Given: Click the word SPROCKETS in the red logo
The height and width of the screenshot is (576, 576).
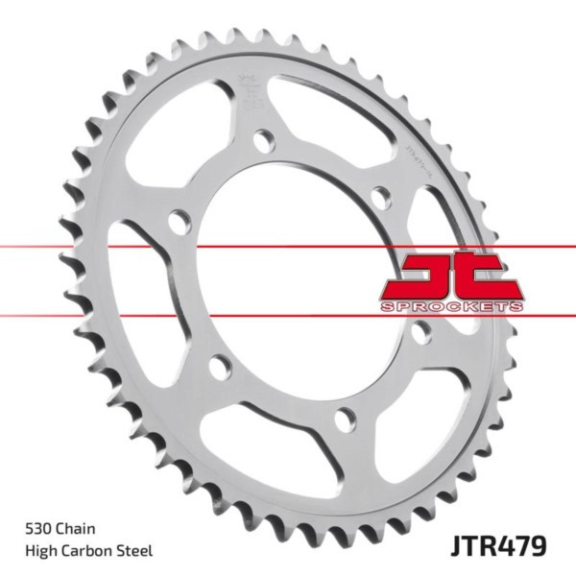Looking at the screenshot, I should [x=451, y=304].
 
